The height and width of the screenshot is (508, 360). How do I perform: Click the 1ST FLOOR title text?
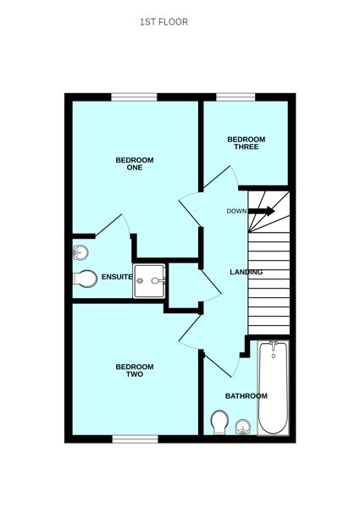163,22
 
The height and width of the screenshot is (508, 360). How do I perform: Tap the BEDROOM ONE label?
135,163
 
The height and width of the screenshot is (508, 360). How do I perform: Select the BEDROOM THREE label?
246,143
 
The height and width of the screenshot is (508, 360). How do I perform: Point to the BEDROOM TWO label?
135,370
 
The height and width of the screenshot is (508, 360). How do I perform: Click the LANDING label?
246,272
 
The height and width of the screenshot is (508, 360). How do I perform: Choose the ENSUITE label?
117,277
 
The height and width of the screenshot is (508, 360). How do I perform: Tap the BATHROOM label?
246,395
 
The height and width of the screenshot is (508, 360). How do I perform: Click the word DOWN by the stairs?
236,211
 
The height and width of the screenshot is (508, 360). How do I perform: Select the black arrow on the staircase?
263,211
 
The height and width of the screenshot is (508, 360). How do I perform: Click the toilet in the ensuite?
86,278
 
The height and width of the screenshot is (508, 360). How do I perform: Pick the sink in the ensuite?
81,251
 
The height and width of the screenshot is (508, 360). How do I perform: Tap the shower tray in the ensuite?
150,280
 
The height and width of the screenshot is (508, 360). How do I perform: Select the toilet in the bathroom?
219,422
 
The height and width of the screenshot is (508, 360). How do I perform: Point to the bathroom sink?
243,427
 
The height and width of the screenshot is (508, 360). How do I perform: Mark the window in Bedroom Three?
230,97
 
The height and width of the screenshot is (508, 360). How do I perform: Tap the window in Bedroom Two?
136,438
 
